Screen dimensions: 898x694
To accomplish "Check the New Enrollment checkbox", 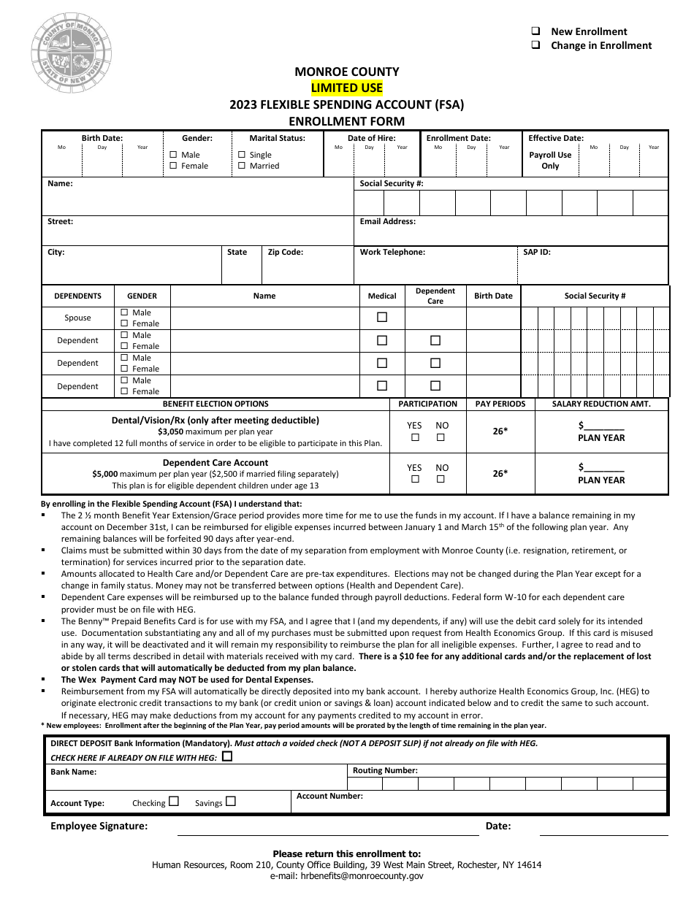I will (x=535, y=31).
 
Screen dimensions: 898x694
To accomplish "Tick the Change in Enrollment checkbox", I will (x=535, y=45).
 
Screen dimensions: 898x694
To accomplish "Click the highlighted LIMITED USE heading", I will (x=346, y=88).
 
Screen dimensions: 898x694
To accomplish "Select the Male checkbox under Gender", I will (x=173, y=155).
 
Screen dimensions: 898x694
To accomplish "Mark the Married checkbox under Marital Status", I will (x=242, y=166).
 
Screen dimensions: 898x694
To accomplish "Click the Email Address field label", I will (x=387, y=221).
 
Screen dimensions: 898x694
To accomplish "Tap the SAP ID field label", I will (x=536, y=252).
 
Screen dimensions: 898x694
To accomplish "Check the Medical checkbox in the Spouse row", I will (x=381, y=318).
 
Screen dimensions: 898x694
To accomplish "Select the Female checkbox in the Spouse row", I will (x=124, y=323).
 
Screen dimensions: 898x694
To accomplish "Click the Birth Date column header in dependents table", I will (x=493, y=296).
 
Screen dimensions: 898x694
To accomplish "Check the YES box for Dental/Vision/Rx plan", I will (x=415, y=437).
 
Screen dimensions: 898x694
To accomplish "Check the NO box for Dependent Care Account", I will (x=441, y=480).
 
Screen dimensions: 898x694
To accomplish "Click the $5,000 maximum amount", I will (x=105, y=474).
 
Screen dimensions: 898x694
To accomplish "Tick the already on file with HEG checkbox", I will (x=227, y=756).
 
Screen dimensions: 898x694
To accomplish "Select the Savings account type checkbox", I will (x=231, y=801).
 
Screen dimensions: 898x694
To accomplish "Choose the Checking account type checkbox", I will (x=174, y=801).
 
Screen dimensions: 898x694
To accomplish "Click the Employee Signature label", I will (x=99, y=826).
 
